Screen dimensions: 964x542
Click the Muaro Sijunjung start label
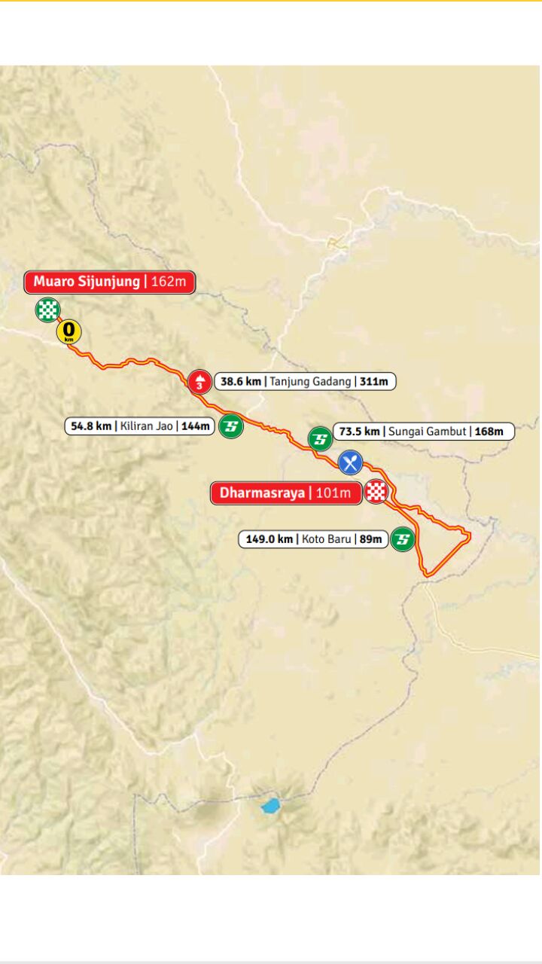point(87,282)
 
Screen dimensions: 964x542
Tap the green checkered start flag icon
point(47,310)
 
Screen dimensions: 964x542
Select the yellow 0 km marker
point(69,331)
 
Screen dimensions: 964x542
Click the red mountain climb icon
point(199,382)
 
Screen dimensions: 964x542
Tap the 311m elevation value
point(373,382)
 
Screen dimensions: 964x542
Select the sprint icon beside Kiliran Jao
point(230,426)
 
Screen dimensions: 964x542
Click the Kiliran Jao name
point(147,426)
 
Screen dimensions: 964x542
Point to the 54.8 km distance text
point(90,426)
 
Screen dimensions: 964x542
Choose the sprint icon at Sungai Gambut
point(320,438)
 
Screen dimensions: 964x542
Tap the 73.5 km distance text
point(360,432)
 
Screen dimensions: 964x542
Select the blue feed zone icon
point(349,462)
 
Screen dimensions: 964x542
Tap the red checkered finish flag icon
point(376,493)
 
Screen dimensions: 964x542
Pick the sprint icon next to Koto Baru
point(403,539)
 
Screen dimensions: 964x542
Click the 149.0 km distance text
point(269,539)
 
